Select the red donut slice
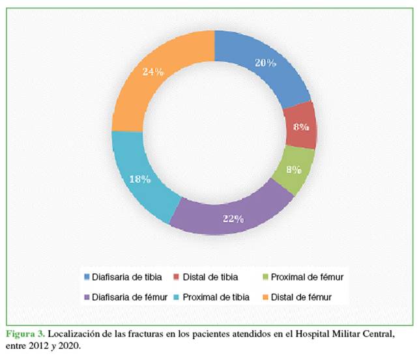pos(300,127)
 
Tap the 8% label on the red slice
pos(300,128)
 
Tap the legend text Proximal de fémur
pos(308,277)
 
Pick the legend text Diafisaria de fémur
pos(127,298)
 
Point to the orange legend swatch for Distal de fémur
pos(267,298)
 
